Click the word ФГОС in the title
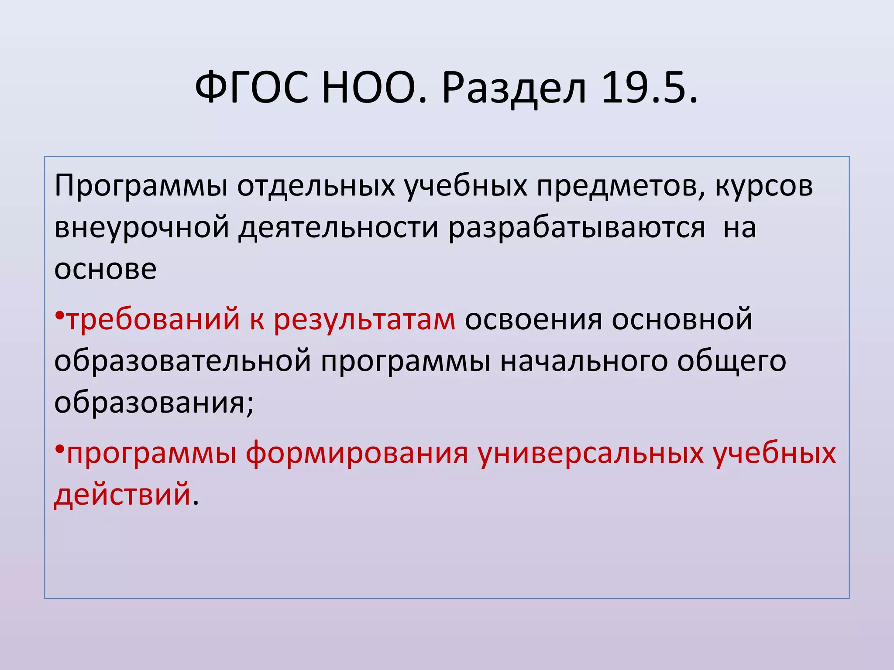[x=251, y=89]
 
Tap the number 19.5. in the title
[x=650, y=89]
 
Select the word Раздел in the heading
[x=514, y=89]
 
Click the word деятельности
[x=338, y=228]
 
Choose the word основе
[x=105, y=269]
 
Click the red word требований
[x=153, y=319]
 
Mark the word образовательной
[x=183, y=361]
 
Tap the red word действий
[x=123, y=495]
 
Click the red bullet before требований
[x=60, y=315]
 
